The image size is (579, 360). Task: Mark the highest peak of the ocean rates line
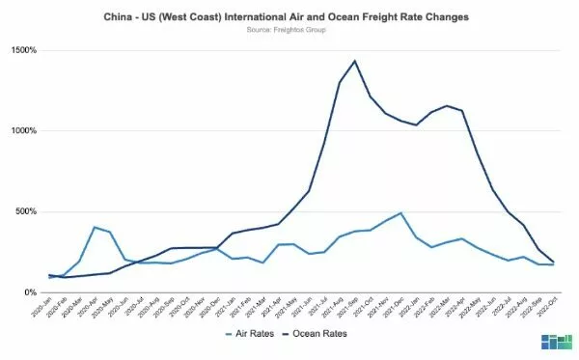point(355,61)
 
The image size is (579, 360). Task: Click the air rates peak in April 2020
point(95,228)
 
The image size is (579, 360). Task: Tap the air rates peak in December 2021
point(400,213)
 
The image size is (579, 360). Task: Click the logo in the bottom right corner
point(556,342)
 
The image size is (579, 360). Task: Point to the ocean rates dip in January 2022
point(416,125)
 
